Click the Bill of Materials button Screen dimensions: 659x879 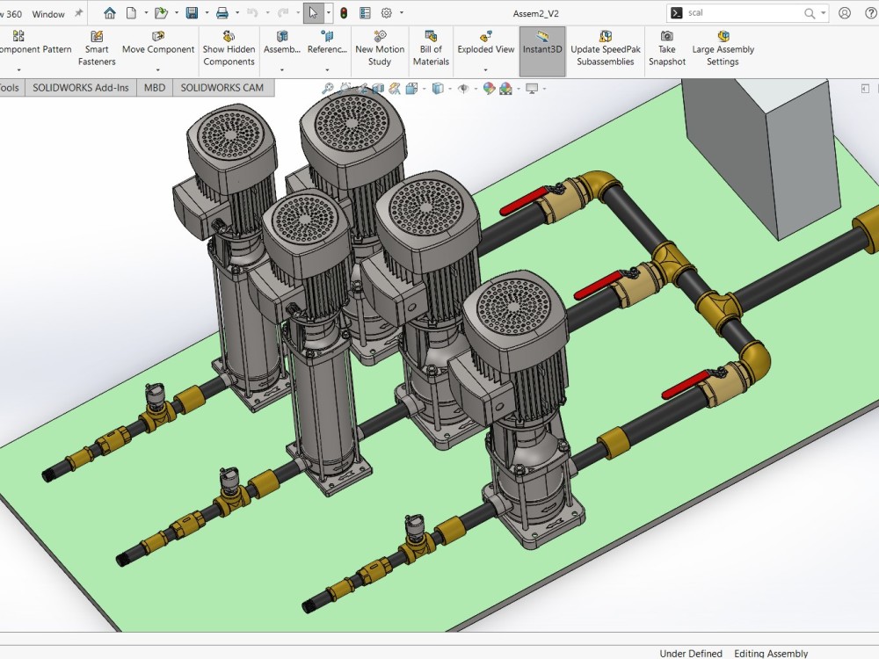(431, 49)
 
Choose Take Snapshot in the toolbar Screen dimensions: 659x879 (667, 49)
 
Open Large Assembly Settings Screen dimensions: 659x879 (723, 49)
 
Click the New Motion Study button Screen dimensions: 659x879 (380, 49)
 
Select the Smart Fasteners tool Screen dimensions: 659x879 (97, 49)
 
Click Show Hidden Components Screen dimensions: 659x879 (229, 49)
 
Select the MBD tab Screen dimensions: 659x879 (155, 88)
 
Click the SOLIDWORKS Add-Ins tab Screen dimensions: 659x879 (81, 88)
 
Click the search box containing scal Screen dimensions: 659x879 (743, 13)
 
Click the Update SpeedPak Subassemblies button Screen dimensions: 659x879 (605, 49)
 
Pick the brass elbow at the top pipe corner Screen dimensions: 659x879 (600, 185)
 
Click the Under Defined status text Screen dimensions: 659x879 (691, 653)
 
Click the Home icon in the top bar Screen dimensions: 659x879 (110, 13)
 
